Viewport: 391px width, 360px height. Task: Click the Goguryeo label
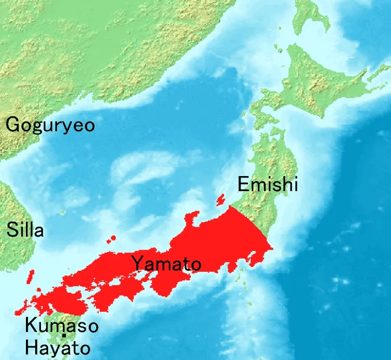49,124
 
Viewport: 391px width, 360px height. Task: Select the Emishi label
267,185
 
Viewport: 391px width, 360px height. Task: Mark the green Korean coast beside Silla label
8,208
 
